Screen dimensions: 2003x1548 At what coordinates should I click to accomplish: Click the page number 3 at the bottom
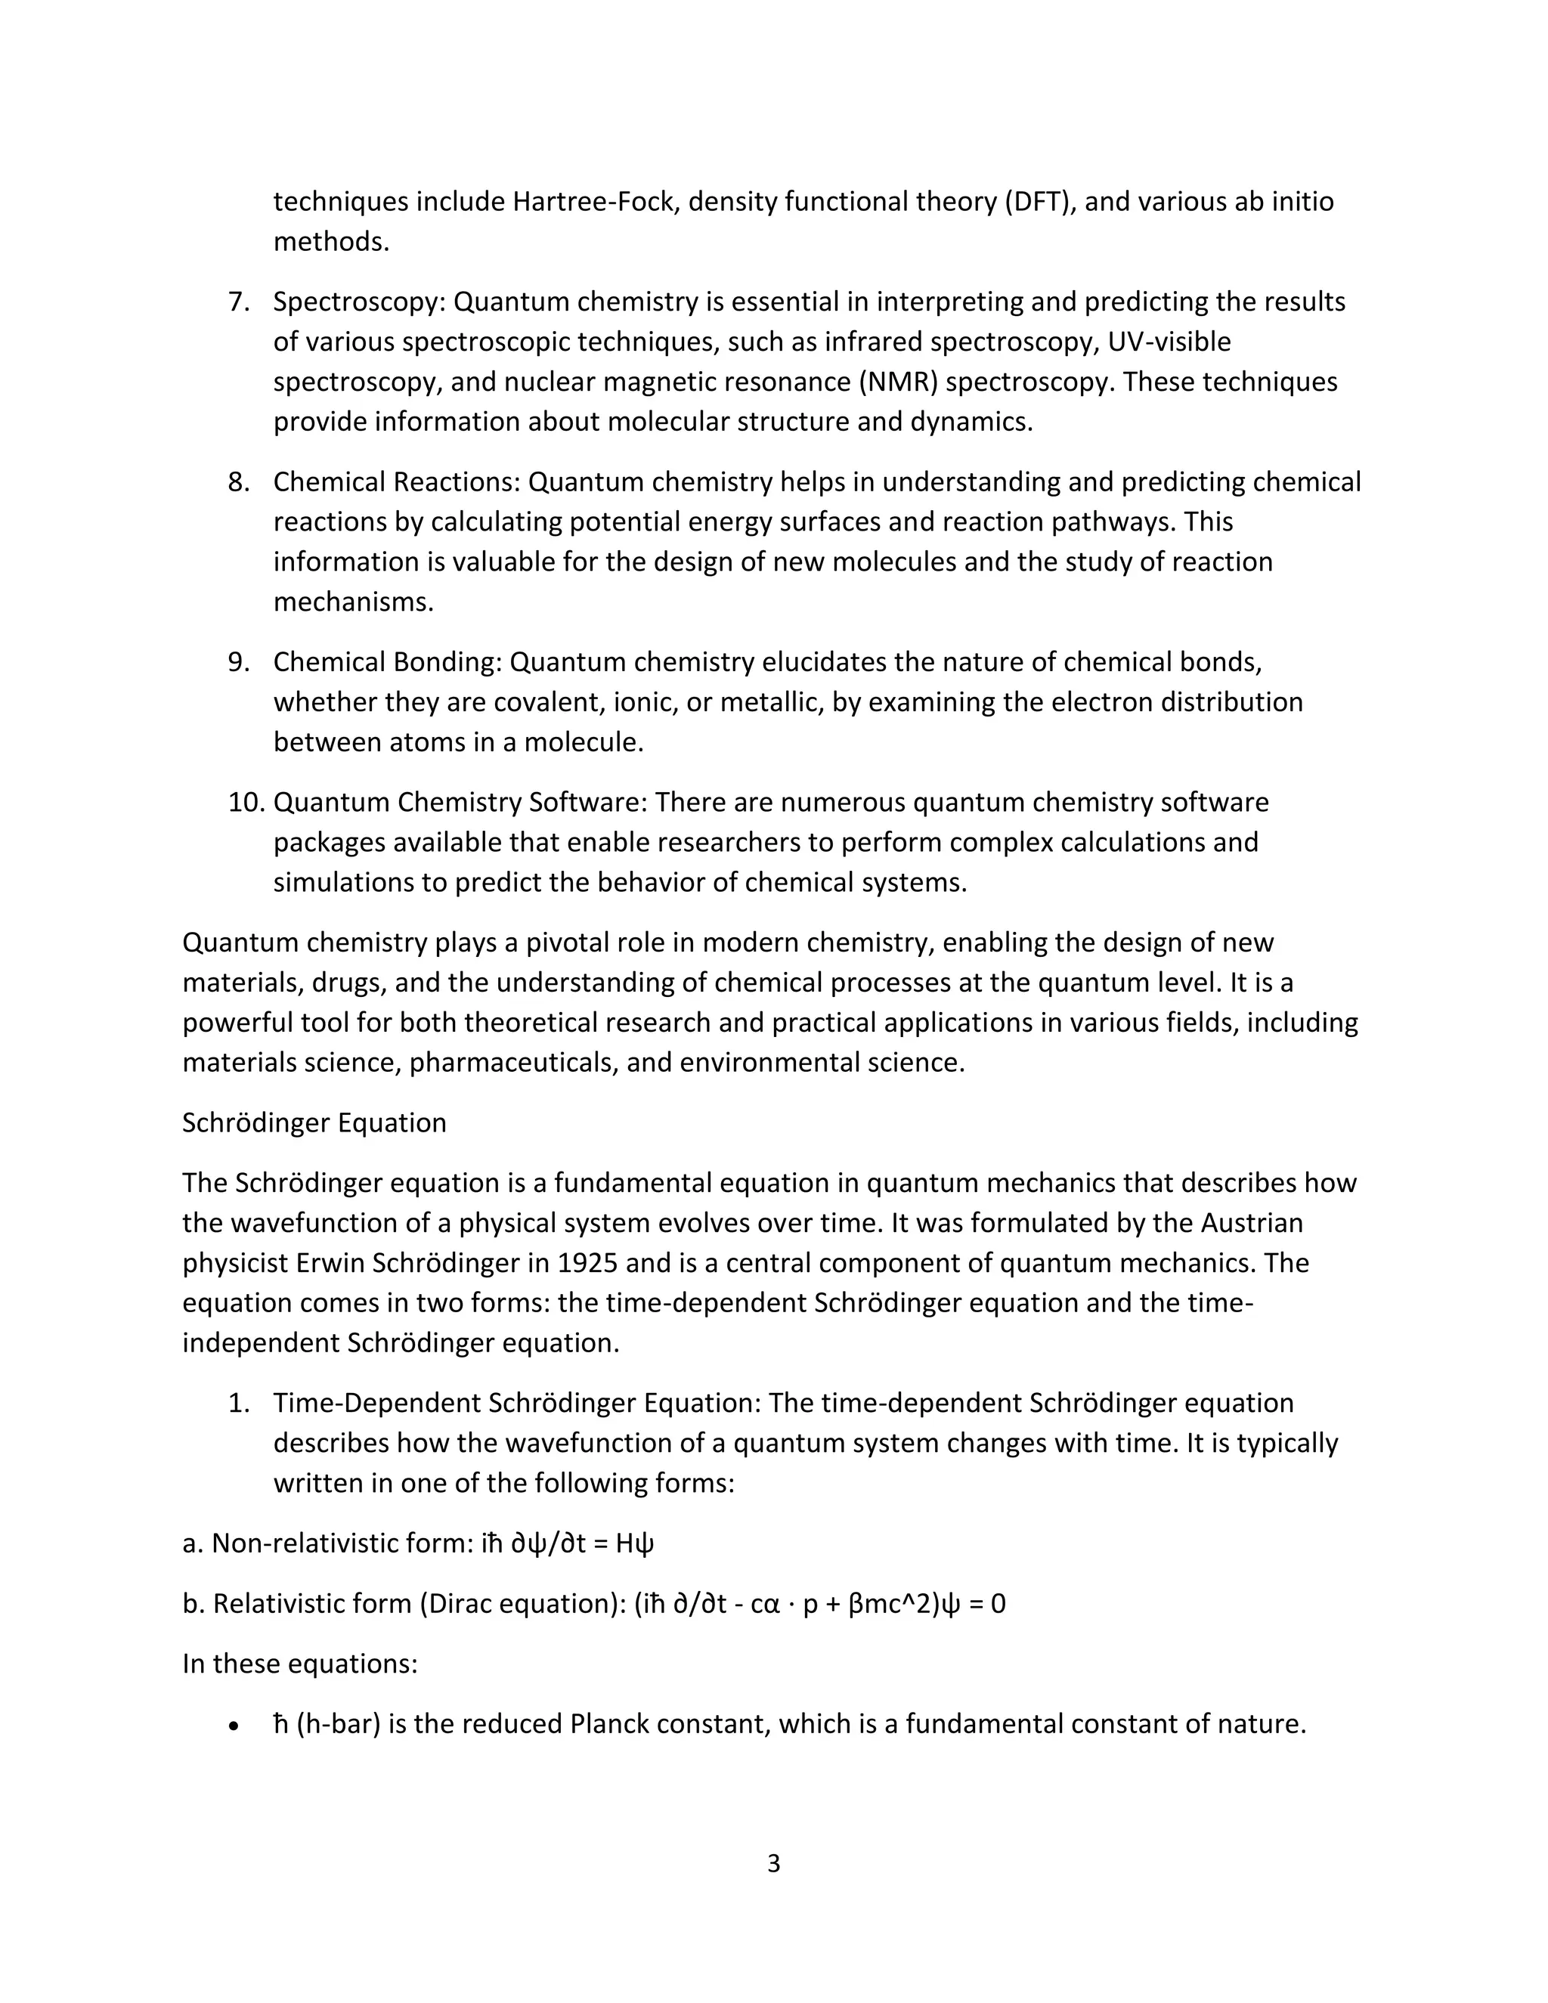coord(773,1864)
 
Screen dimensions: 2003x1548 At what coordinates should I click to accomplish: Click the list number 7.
coord(238,302)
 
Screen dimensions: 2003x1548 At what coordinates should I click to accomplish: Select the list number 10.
coord(246,803)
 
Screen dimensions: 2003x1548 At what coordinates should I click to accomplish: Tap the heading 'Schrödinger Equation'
coord(314,1122)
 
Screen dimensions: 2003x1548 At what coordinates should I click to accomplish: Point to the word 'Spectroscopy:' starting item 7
coord(358,302)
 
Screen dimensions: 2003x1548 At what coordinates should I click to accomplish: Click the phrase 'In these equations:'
coord(300,1664)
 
